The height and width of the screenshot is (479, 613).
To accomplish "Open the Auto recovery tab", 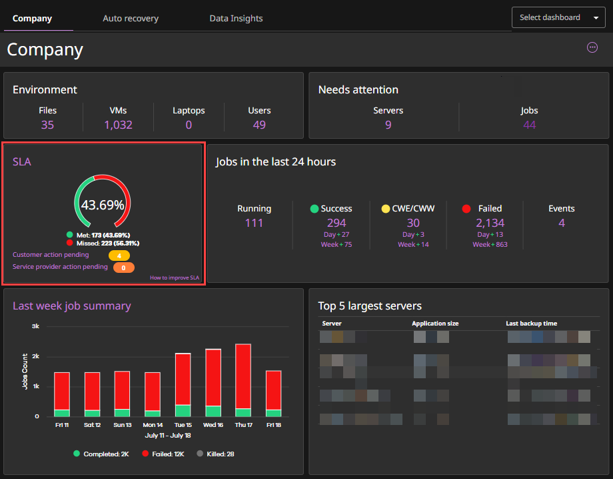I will (x=131, y=18).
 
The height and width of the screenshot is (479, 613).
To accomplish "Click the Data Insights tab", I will (x=236, y=18).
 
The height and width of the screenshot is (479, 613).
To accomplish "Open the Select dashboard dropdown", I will (x=558, y=17).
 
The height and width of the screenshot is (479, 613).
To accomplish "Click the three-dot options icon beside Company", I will (x=592, y=47).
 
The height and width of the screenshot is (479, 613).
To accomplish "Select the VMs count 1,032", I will (x=118, y=125).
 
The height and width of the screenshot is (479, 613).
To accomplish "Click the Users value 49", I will (x=259, y=125).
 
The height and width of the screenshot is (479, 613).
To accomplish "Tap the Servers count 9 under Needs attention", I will (x=388, y=125).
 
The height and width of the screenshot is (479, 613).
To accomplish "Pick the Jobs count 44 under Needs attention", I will (x=529, y=125).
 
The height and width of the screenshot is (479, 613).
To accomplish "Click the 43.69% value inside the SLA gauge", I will (x=103, y=205).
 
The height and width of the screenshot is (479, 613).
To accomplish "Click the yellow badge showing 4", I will (x=119, y=256).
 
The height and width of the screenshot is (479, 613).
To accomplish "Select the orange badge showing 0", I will (x=124, y=268).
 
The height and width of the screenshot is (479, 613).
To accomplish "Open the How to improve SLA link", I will (x=174, y=278).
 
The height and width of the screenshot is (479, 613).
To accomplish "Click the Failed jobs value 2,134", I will (x=490, y=223).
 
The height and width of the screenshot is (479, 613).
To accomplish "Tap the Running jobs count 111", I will (x=254, y=223).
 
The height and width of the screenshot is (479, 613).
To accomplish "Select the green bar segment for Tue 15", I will (x=183, y=410).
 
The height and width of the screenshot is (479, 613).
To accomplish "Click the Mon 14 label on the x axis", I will (x=153, y=425).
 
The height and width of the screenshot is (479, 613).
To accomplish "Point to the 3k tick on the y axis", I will (x=35, y=326).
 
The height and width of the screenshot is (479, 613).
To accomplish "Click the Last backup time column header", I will (x=531, y=324).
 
